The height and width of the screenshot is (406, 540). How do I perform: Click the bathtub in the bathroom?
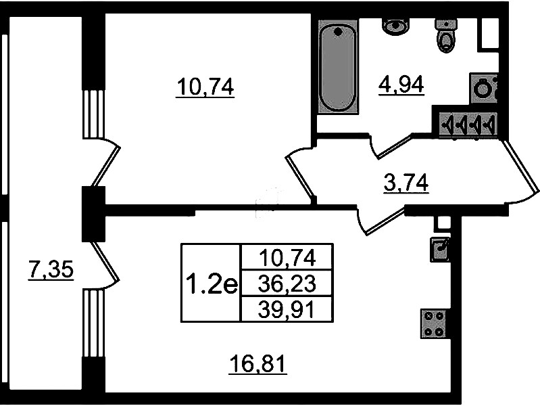(x=338, y=67)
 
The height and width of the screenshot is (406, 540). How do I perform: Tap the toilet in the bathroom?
(x=446, y=36)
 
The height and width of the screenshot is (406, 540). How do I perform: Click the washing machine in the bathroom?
(x=484, y=89)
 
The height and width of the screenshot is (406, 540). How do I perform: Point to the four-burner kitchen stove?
(x=434, y=323)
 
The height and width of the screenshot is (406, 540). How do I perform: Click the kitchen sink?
(x=440, y=249)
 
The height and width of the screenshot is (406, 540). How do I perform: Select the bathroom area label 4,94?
(x=401, y=85)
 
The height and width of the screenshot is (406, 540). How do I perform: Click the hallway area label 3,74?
(x=406, y=183)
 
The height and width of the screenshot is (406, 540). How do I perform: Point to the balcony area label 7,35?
(x=51, y=270)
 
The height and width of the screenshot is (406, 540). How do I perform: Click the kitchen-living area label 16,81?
(x=258, y=365)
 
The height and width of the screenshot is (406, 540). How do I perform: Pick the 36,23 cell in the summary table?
(x=287, y=284)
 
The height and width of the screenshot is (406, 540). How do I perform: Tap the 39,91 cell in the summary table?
(x=287, y=310)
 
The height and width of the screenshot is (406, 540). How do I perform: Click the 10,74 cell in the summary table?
(x=287, y=257)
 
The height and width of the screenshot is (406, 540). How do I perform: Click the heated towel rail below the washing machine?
(x=469, y=125)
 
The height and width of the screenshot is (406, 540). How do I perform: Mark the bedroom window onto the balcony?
(x=93, y=114)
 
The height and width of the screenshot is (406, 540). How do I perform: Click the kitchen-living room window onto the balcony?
(x=93, y=323)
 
